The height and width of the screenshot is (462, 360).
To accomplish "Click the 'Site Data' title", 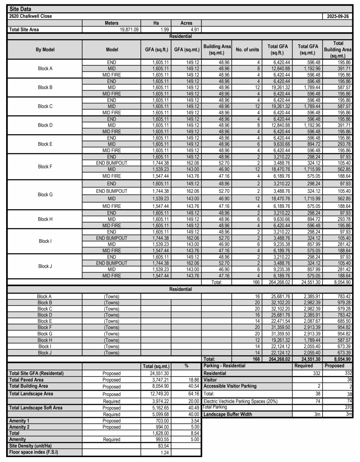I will (x=20, y=9).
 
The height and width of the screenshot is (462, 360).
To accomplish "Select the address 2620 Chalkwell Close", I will (x=31, y=16).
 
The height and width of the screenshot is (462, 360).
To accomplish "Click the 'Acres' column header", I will (x=186, y=23).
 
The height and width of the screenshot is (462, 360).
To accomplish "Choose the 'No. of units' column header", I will (x=247, y=49).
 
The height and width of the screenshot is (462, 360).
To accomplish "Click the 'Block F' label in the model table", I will (x=45, y=167).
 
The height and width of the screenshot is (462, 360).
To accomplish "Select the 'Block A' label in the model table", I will (x=45, y=68).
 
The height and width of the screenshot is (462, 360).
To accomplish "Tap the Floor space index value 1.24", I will (x=165, y=452).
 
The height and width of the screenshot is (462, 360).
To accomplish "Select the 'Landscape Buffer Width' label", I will (x=228, y=414).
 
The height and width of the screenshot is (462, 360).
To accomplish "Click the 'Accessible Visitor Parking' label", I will (x=230, y=386).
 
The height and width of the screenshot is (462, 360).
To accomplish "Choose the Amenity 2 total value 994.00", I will (x=162, y=427).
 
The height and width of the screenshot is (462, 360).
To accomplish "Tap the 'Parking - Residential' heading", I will (x=224, y=366).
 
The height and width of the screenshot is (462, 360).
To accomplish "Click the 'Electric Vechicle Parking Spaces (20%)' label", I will (x=240, y=401).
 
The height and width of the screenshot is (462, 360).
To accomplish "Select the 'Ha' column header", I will (x=156, y=23).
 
